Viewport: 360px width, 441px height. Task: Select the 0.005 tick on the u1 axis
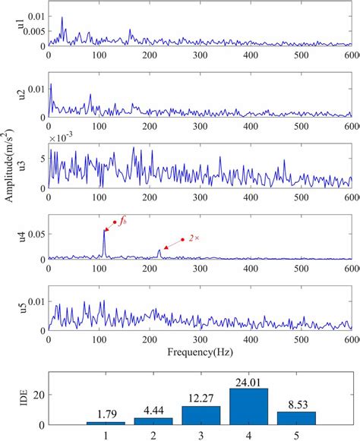[32, 32]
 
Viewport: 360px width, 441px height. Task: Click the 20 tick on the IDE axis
[38, 395]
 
